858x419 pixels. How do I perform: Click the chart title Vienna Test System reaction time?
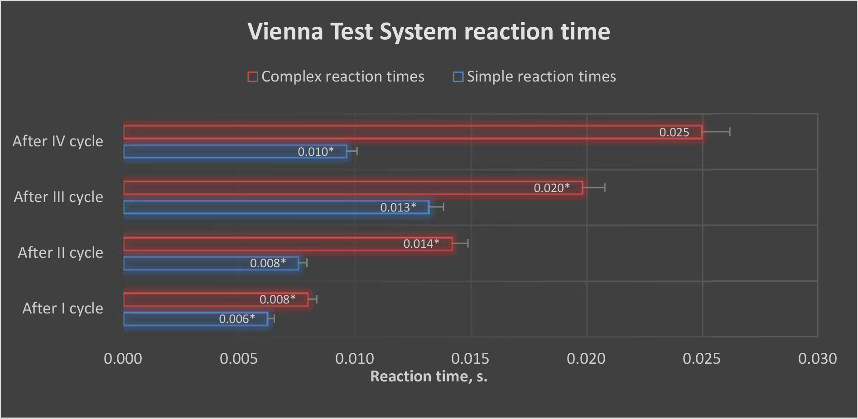point(429,32)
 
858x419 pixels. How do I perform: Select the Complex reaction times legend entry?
point(336,77)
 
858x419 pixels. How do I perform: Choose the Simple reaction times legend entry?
point(535,77)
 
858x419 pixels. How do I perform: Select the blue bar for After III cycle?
point(249,207)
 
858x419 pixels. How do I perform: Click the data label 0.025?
point(674,132)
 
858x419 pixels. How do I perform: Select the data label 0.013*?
point(398,207)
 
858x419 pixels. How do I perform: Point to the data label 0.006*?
point(236,319)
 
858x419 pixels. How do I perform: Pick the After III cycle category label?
point(58,197)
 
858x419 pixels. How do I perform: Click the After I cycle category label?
point(63,308)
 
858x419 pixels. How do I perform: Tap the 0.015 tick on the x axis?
point(470,359)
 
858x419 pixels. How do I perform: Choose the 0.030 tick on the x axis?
point(817,359)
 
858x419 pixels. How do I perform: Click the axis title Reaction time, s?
point(429,376)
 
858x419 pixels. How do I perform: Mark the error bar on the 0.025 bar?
point(716,132)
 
